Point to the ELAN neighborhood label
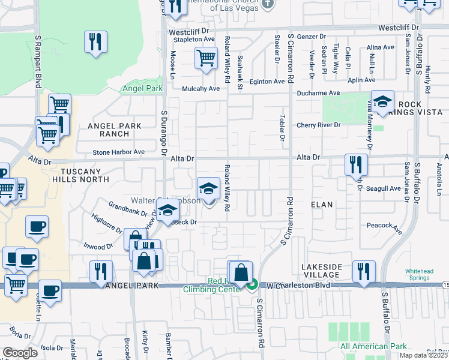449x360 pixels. pyautogui.click(x=322, y=205)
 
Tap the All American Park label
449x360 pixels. pyautogui.click(x=373, y=346)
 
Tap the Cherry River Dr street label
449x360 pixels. pyautogui.click(x=318, y=125)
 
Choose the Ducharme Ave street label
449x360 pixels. pyautogui.click(x=318, y=94)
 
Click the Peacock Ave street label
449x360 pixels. pyautogui.click(x=385, y=226)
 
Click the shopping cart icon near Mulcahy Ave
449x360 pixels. pyautogui.click(x=205, y=59)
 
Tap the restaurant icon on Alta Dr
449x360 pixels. pyautogui.click(x=356, y=164)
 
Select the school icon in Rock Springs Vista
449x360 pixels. pyautogui.click(x=382, y=101)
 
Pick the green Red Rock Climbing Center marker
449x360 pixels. pyautogui.click(x=253, y=285)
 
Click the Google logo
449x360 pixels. pyautogui.click(x=19, y=353)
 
